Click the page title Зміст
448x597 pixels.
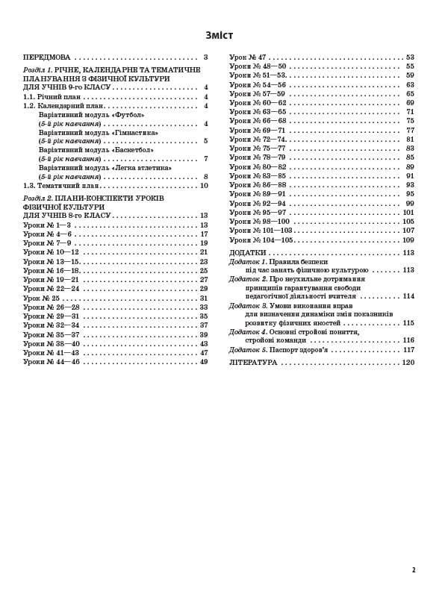[219, 35]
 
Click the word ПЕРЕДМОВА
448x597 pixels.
[46, 57]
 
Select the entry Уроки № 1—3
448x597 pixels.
[47, 225]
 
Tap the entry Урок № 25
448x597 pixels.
[42, 298]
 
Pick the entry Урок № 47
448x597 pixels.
[248, 57]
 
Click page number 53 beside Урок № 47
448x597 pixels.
[410, 57]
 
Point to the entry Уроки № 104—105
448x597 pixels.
[261, 240]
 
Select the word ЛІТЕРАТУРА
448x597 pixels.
[253, 362]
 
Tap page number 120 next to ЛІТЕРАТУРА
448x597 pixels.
[408, 362]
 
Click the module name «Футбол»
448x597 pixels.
[129, 115]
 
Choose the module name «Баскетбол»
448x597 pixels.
[133, 149]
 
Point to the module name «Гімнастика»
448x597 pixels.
[135, 132]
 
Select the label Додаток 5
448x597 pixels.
[248, 349]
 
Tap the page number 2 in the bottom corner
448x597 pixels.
[413, 570]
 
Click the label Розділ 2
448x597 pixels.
[37, 198]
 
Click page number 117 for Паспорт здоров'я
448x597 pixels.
[408, 349]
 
